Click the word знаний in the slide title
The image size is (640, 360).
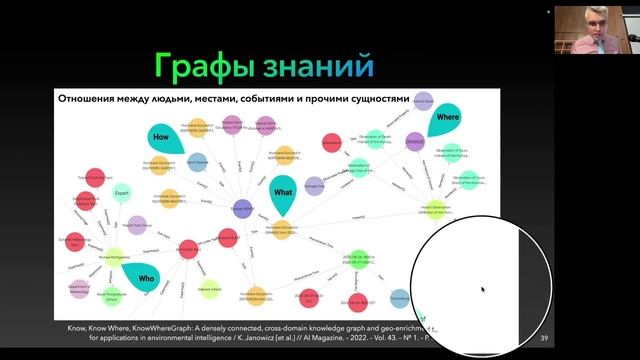322,66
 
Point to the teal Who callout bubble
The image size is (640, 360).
147,277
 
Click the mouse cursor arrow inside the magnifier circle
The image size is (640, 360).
482,290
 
